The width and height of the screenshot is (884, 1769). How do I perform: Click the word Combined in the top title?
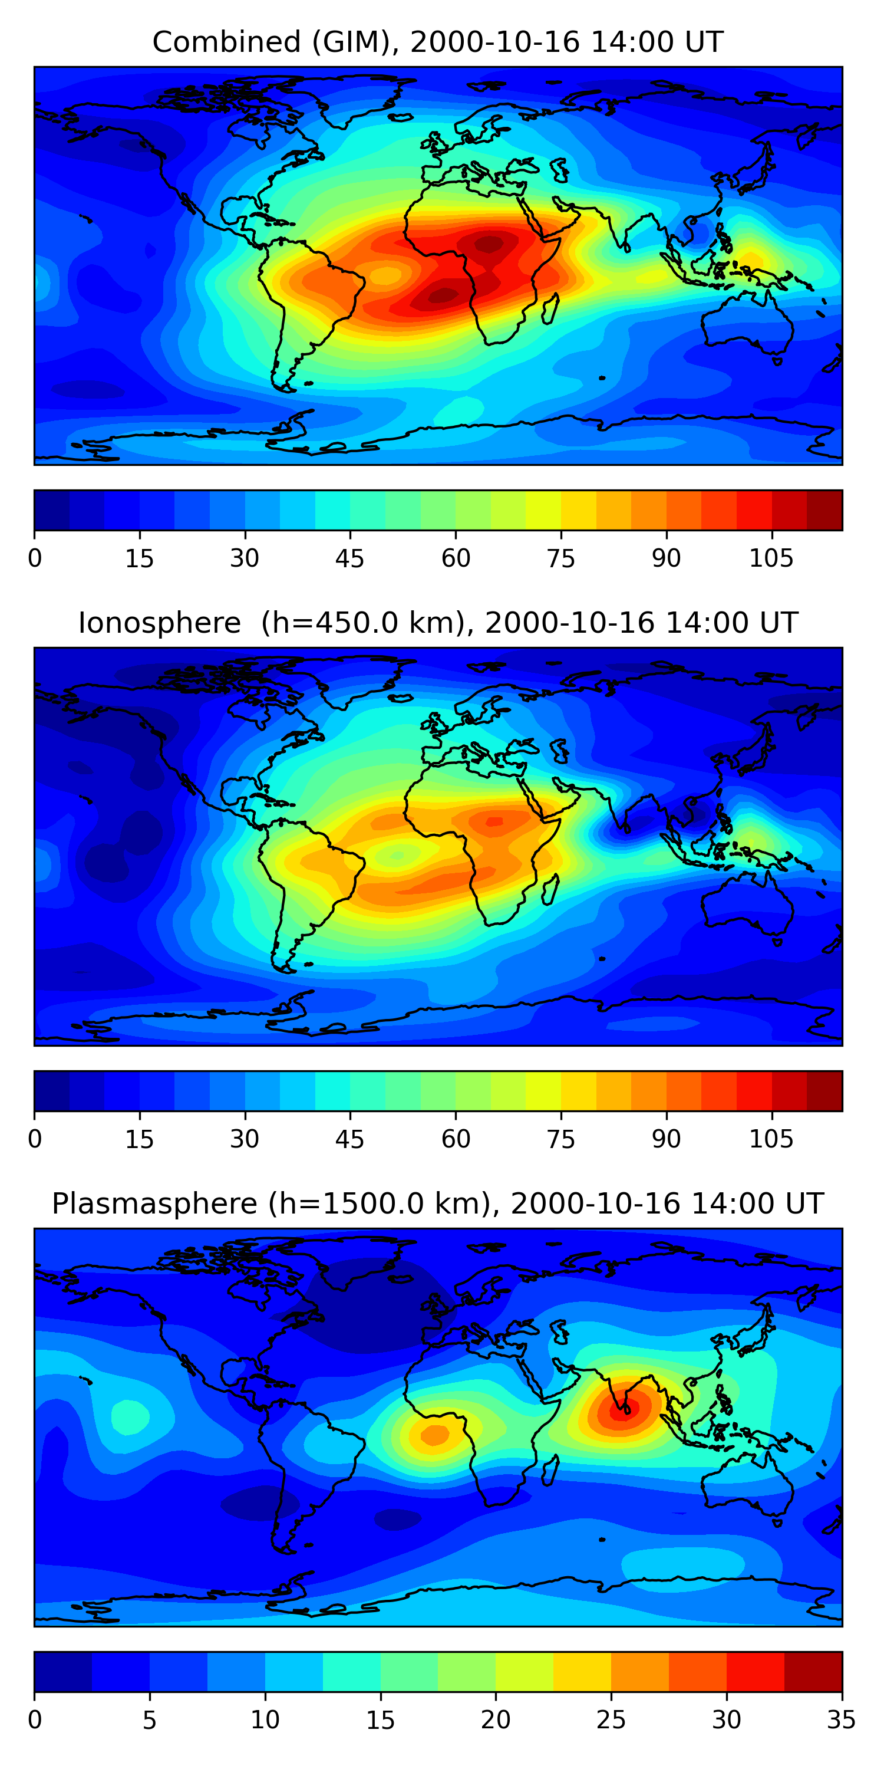(x=226, y=42)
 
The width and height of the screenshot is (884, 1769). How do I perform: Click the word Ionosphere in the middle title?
(x=159, y=623)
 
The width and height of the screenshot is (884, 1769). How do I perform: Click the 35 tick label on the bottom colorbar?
(x=842, y=1720)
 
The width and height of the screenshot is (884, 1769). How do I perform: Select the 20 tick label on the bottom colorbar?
(x=496, y=1720)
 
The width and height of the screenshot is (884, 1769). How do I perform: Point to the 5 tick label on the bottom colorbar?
(x=150, y=1720)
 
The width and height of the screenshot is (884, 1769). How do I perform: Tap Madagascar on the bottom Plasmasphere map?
(x=550, y=1470)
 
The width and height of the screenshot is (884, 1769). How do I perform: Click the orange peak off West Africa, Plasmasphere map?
(x=434, y=1435)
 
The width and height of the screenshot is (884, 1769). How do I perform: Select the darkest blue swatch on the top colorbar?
(x=52, y=510)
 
